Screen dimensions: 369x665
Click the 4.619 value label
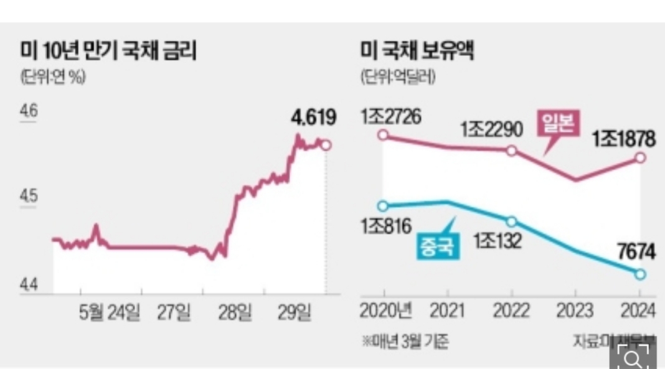(x=314, y=117)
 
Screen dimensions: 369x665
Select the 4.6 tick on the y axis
(x=29, y=112)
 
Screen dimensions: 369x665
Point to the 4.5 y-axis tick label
(x=29, y=197)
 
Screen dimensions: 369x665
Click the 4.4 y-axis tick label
(x=29, y=286)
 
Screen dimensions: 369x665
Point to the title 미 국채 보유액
(x=417, y=51)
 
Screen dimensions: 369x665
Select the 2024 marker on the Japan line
(x=641, y=157)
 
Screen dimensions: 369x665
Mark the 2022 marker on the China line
(x=511, y=222)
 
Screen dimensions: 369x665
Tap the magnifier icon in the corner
(x=632, y=357)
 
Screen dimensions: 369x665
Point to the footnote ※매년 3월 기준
(x=405, y=341)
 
